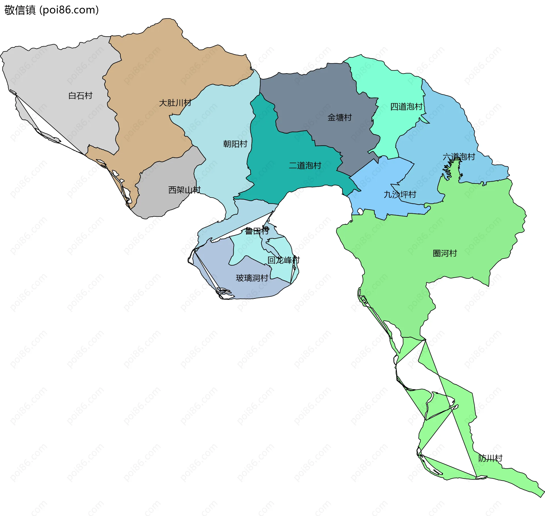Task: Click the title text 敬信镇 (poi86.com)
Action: tap(51, 10)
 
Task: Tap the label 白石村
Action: tap(80, 96)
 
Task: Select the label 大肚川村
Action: tap(175, 103)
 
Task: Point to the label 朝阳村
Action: tap(235, 144)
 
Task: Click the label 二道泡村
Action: tap(305, 165)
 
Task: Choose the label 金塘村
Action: tap(339, 117)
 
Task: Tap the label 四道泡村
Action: tap(406, 107)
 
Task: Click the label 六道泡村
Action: tap(459, 157)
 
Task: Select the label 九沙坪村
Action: tap(400, 194)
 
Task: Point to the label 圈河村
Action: tap(445, 253)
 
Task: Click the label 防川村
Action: tap(490, 458)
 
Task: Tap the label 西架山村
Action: tap(184, 190)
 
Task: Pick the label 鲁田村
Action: tap(257, 231)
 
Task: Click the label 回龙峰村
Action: tap(283, 260)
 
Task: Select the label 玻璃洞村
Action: tap(252, 278)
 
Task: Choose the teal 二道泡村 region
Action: tap(272, 159)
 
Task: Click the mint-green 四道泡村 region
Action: tap(392, 85)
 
